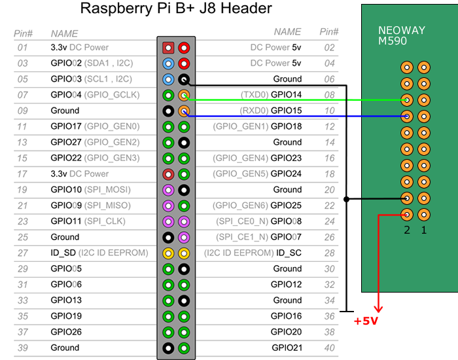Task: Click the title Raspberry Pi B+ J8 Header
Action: (176, 9)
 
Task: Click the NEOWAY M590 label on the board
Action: (402, 35)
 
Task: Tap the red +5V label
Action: (366, 321)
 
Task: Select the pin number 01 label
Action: (23, 48)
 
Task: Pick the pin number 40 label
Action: (328, 348)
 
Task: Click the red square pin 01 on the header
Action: (168, 48)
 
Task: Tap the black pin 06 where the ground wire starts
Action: (184, 79)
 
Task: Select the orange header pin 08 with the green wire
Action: (184, 95)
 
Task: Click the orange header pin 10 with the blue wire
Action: (184, 111)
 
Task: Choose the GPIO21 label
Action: (287, 348)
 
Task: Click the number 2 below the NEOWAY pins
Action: (407, 230)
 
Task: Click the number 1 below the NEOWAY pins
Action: (423, 230)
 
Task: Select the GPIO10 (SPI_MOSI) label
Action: (90, 190)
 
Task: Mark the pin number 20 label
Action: (328, 190)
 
